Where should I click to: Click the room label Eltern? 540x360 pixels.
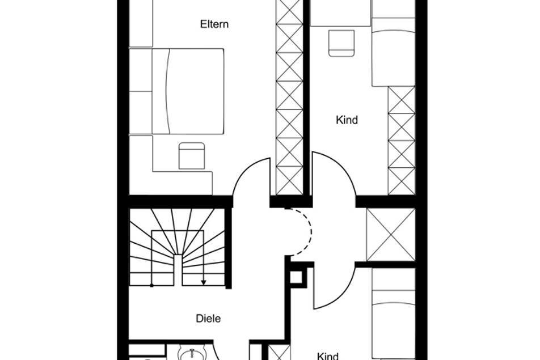(214, 24)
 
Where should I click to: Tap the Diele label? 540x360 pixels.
(208, 319)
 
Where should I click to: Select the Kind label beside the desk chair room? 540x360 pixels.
(347, 120)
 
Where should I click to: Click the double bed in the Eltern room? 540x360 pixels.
(188, 91)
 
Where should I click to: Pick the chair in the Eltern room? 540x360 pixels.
(192, 155)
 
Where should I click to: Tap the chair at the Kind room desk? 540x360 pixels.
(341, 43)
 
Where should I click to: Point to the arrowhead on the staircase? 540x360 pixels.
(204, 282)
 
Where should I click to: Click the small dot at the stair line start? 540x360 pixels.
(152, 285)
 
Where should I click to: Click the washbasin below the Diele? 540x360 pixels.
(192, 354)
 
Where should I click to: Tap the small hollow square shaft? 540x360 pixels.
(296, 277)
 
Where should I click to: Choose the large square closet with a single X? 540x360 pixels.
(391, 235)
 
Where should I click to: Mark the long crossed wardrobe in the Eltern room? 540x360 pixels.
(290, 97)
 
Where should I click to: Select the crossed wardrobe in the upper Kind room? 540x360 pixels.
(402, 141)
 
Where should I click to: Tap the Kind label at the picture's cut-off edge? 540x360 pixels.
(327, 356)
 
